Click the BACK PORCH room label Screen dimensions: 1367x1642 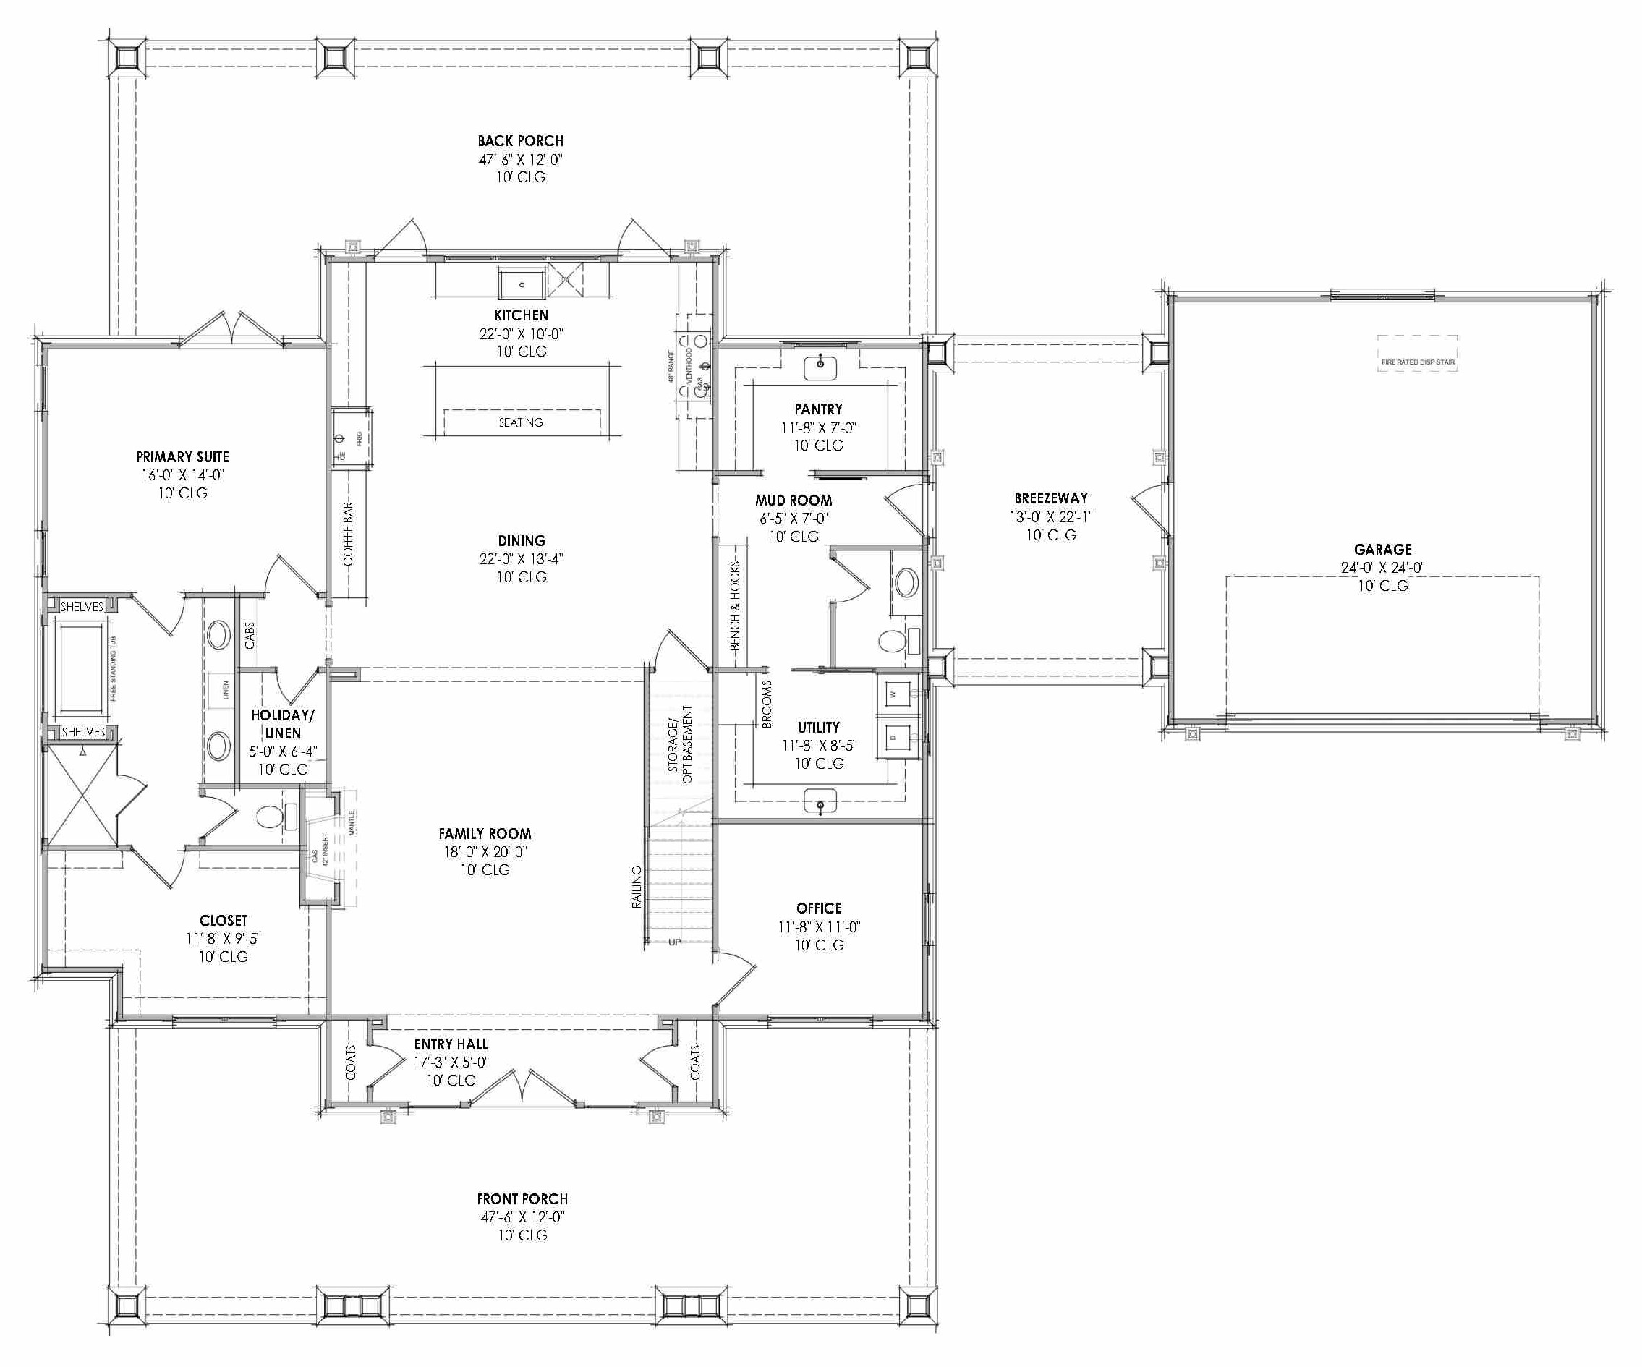[x=520, y=141]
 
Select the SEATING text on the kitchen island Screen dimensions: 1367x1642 [x=521, y=422]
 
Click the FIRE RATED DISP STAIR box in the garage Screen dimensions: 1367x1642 [x=1418, y=362]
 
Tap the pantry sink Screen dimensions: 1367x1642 [x=820, y=365]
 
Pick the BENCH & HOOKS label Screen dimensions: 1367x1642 [x=735, y=606]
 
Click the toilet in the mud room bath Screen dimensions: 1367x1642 [x=891, y=642]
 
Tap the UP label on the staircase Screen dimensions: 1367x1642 [x=675, y=942]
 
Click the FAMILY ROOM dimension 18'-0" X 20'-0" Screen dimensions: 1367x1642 [x=485, y=851]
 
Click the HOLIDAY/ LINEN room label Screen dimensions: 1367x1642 [x=282, y=724]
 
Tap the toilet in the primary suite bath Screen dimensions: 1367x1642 [x=270, y=817]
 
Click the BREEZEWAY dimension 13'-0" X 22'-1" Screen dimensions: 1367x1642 [x=1051, y=517]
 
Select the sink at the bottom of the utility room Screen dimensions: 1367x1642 [x=820, y=802]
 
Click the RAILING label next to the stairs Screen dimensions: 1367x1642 [x=637, y=887]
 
